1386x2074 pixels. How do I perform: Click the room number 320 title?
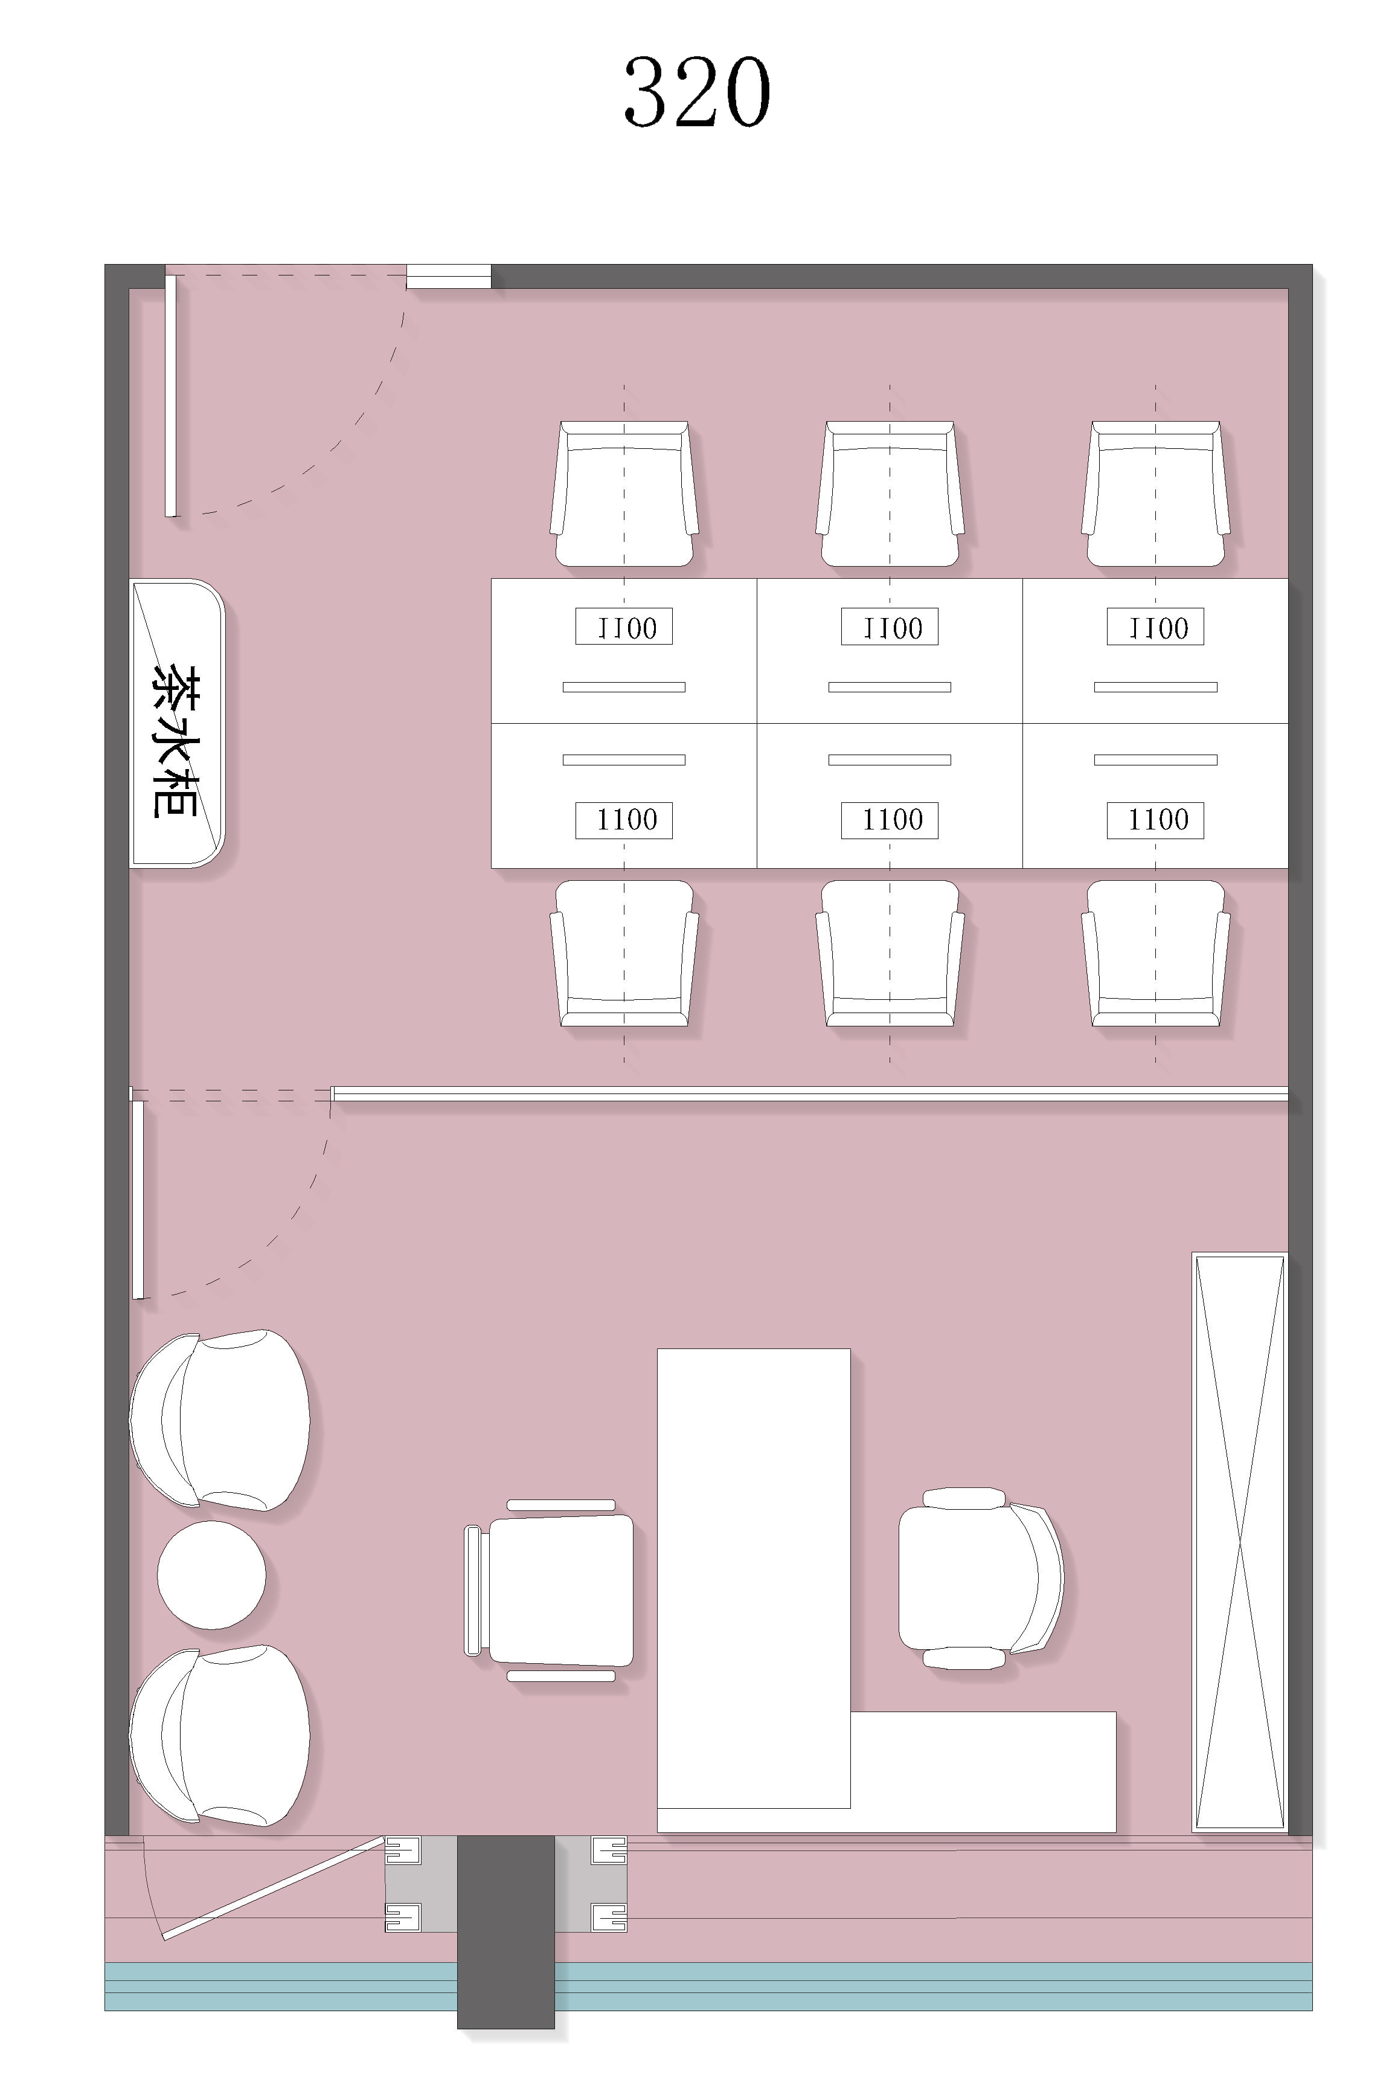pyautogui.click(x=698, y=93)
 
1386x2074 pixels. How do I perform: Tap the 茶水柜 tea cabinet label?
pyautogui.click(x=174, y=741)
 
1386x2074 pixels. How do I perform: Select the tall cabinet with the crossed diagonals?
pyautogui.click(x=1239, y=1542)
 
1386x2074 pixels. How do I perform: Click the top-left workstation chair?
pyautogui.click(x=624, y=494)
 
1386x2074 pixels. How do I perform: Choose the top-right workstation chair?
pyautogui.click(x=1155, y=494)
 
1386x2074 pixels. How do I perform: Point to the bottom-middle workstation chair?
pyautogui.click(x=890, y=953)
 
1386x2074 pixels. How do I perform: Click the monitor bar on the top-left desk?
pyautogui.click(x=624, y=687)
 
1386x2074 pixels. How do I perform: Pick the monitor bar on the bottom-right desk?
pyautogui.click(x=1155, y=759)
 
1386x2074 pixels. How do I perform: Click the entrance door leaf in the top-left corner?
pyautogui.click(x=170, y=395)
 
